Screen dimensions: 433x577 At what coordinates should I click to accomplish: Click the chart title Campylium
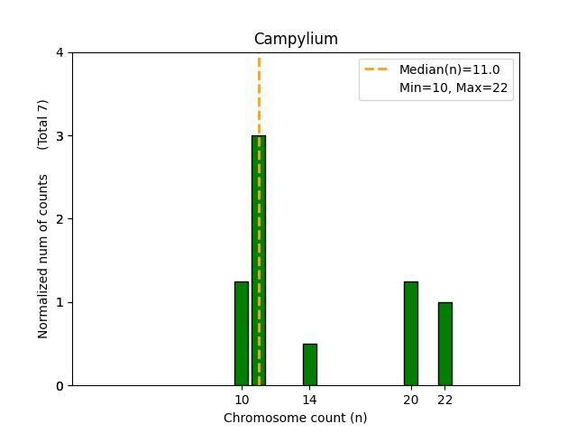[x=296, y=39]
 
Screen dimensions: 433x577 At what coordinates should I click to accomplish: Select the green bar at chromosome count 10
[x=242, y=334]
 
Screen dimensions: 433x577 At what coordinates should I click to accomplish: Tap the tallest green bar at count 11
[x=259, y=262]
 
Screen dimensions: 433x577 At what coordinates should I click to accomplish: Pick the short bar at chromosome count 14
[x=309, y=364]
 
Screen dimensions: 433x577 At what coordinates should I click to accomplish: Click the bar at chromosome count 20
[x=411, y=334]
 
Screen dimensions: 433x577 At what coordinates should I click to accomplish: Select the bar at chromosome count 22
[x=444, y=344]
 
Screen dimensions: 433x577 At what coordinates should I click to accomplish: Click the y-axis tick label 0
[x=60, y=386]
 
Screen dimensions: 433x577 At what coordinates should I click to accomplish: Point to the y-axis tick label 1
[x=60, y=302]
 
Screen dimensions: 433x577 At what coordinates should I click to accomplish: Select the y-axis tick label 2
[x=60, y=219]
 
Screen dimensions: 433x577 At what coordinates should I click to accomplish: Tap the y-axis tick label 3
[x=60, y=136]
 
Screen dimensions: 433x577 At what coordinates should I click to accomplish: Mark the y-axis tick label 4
[x=60, y=53]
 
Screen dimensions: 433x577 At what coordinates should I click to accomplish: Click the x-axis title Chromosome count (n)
[x=296, y=418]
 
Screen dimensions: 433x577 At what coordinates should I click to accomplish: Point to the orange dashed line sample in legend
[x=376, y=69]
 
